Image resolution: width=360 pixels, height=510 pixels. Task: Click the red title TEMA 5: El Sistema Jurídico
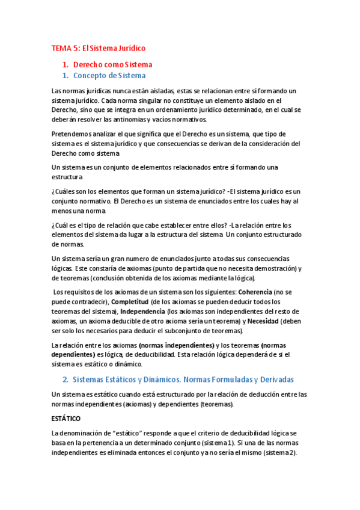[x=99, y=48]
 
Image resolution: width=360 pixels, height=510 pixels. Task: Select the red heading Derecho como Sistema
[x=112, y=64]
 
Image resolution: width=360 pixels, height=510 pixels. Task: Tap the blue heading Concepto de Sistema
[x=109, y=76]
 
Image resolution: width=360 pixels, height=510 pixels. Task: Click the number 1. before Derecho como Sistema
[x=66, y=64]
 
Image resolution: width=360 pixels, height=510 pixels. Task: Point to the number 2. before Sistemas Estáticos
[x=66, y=379]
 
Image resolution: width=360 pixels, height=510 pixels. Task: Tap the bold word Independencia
[x=142, y=312]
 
